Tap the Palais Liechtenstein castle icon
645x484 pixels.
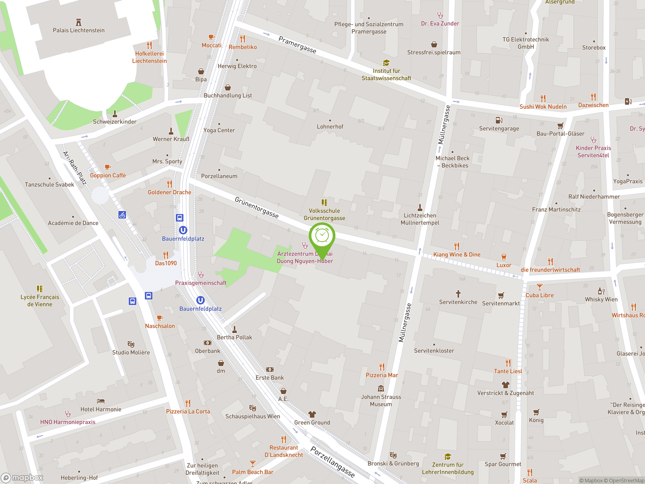pos(78,22)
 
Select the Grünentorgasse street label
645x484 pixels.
pos(256,207)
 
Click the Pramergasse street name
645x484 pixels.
pos(297,45)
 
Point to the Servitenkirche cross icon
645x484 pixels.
pos(458,293)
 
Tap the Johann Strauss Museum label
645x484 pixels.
pos(381,400)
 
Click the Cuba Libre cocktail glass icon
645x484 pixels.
pos(539,287)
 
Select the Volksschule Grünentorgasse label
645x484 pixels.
pos(324,214)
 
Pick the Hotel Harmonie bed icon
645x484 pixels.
pos(101,401)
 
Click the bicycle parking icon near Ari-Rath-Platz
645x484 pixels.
pos(122,215)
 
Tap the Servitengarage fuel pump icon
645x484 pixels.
pos(499,120)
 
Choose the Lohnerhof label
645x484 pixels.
pos(330,127)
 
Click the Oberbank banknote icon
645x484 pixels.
pos(207,343)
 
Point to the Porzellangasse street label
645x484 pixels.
pos(332,462)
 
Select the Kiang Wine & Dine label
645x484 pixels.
pos(457,254)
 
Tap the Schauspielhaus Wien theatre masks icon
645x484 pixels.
pos(252,408)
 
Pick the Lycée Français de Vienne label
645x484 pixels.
pos(40,300)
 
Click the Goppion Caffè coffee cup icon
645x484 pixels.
pos(108,167)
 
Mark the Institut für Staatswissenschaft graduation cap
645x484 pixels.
pos(386,63)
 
